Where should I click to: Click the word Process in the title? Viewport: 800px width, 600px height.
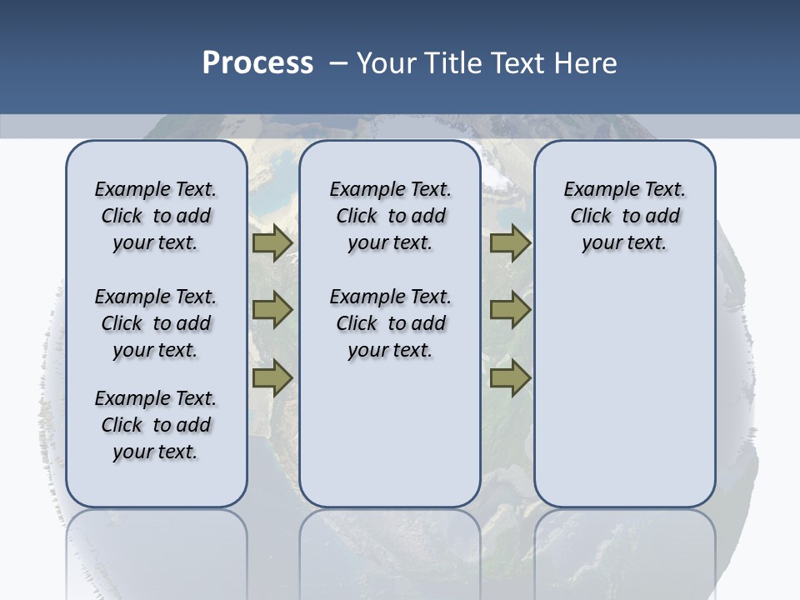(257, 63)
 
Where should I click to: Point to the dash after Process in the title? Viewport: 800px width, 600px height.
(338, 64)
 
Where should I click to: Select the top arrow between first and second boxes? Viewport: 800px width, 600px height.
(272, 243)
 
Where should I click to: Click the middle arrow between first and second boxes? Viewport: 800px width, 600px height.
(272, 310)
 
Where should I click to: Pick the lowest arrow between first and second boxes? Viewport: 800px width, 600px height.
(272, 377)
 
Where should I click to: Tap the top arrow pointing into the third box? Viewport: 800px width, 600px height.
(510, 243)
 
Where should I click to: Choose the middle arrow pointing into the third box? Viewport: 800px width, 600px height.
(510, 310)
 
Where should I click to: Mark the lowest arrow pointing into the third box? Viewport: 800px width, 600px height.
(510, 377)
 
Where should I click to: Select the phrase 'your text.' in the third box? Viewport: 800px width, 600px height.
(624, 243)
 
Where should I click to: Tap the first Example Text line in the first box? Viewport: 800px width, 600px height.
(155, 190)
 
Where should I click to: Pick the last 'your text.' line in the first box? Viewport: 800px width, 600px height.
(155, 452)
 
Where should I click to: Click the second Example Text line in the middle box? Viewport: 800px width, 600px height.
(390, 297)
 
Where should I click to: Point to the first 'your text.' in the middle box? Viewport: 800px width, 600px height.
(390, 243)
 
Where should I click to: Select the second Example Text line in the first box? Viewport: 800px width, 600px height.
(155, 297)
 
